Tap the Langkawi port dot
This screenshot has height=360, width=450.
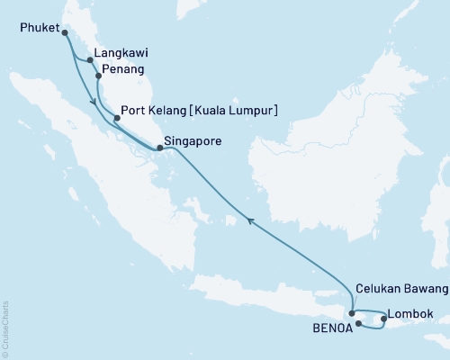click(x=88, y=61)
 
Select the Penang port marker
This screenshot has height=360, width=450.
click(x=98, y=77)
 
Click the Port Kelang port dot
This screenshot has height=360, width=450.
click(x=117, y=118)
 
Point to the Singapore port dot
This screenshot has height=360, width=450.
click(x=159, y=148)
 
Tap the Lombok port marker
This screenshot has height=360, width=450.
click(x=384, y=318)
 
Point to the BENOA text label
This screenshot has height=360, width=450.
click(x=327, y=329)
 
